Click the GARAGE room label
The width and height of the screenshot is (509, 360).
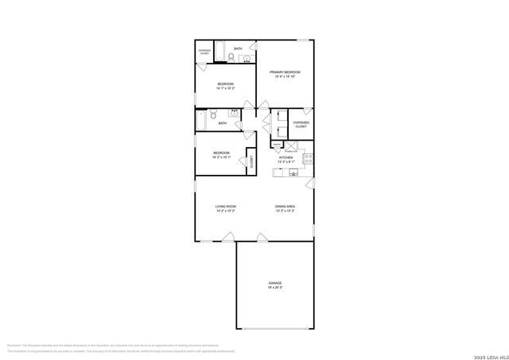275,283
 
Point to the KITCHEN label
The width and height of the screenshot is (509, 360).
286,157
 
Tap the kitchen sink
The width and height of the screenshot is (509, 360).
293,172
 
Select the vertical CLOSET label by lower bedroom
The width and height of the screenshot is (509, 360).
251,161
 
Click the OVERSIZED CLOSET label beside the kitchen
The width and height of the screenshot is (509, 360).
301,124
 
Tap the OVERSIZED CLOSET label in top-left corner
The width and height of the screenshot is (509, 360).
204,52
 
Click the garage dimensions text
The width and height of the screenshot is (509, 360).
275,288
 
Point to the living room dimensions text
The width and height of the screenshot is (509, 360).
225,211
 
